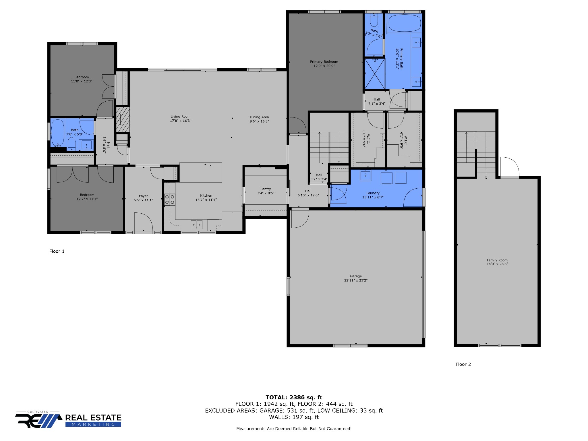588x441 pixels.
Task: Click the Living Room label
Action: pyautogui.click(x=180, y=117)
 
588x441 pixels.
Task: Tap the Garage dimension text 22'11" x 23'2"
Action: pyautogui.click(x=356, y=280)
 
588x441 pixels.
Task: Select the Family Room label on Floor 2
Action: pyautogui.click(x=497, y=260)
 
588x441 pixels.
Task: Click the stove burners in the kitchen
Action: pyautogui.click(x=170, y=199)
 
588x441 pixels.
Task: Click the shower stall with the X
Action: pyautogui.click(x=374, y=74)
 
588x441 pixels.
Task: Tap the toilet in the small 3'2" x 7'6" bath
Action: pyautogui.click(x=374, y=20)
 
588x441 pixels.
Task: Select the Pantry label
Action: pyautogui.click(x=266, y=189)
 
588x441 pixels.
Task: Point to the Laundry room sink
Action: pyautogui.click(x=365, y=175)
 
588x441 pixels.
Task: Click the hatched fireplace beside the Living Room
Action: pyautogui.click(x=123, y=119)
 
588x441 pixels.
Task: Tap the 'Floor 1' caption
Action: pyautogui.click(x=57, y=251)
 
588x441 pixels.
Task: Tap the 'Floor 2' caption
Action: pyautogui.click(x=463, y=364)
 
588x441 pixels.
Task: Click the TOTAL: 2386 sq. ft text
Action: pyautogui.click(x=294, y=397)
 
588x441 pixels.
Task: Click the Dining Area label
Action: pyautogui.click(x=259, y=117)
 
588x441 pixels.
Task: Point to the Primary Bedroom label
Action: pyautogui.click(x=324, y=61)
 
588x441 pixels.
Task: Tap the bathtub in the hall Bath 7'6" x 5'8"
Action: pyautogui.click(x=57, y=133)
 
